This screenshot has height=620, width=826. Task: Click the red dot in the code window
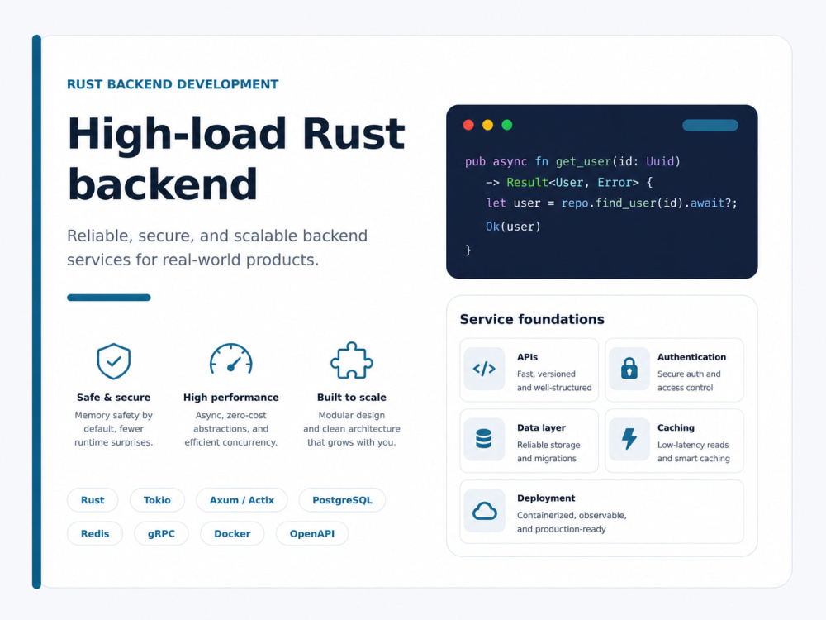pyautogui.click(x=468, y=125)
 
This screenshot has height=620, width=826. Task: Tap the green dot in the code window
pyautogui.click(x=507, y=125)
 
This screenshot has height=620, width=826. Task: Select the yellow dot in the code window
pyautogui.click(x=488, y=125)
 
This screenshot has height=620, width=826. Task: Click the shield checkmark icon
pyautogui.click(x=114, y=361)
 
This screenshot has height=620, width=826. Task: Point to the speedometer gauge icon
pyautogui.click(x=230, y=359)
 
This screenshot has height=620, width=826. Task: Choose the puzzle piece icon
pyautogui.click(x=351, y=360)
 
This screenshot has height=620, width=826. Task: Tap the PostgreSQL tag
pyautogui.click(x=343, y=500)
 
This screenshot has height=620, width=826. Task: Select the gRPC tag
pyautogui.click(x=161, y=533)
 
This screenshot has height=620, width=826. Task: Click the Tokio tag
pyautogui.click(x=157, y=500)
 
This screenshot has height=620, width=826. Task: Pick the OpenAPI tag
pyautogui.click(x=312, y=533)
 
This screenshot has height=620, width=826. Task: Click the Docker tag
pyautogui.click(x=232, y=533)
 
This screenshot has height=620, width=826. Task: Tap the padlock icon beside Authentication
pyautogui.click(x=629, y=369)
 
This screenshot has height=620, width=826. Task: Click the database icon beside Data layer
pyautogui.click(x=483, y=439)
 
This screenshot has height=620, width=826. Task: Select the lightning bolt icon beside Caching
pyautogui.click(x=629, y=439)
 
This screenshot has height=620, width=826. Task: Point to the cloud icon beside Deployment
pyautogui.click(x=485, y=510)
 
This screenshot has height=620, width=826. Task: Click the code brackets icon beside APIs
pyautogui.click(x=484, y=369)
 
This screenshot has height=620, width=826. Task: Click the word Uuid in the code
pyautogui.click(x=660, y=161)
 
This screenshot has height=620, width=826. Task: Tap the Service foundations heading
pyautogui.click(x=532, y=319)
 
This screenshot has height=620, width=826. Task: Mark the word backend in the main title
pyautogui.click(x=163, y=184)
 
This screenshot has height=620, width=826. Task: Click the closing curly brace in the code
pyautogui.click(x=468, y=250)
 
